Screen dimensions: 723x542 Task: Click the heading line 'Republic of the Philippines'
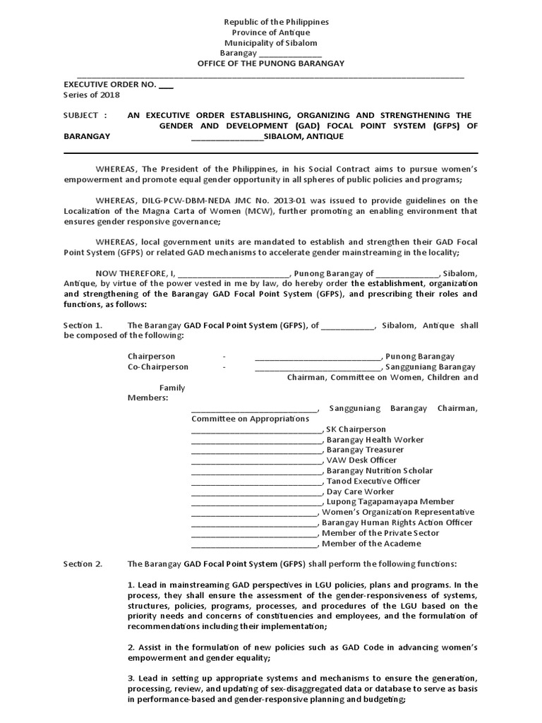(x=271, y=22)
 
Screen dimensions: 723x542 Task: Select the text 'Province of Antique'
(x=271, y=32)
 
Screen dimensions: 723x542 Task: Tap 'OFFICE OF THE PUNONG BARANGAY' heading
(x=271, y=64)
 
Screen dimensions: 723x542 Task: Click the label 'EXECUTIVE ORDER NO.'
(x=109, y=84)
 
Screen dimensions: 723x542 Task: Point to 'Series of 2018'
(x=92, y=95)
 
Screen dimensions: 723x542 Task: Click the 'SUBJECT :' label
(x=85, y=115)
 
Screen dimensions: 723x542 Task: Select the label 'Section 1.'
(x=83, y=325)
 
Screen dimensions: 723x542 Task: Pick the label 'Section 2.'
(x=83, y=564)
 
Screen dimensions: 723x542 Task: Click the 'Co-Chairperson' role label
(x=158, y=367)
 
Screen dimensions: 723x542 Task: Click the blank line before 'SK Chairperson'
(x=256, y=429)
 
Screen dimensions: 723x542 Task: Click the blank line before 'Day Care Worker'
(x=256, y=491)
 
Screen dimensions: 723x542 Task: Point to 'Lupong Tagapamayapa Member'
(x=390, y=502)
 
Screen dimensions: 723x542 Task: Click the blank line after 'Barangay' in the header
(x=291, y=54)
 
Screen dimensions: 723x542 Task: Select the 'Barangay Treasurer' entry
(x=365, y=450)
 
